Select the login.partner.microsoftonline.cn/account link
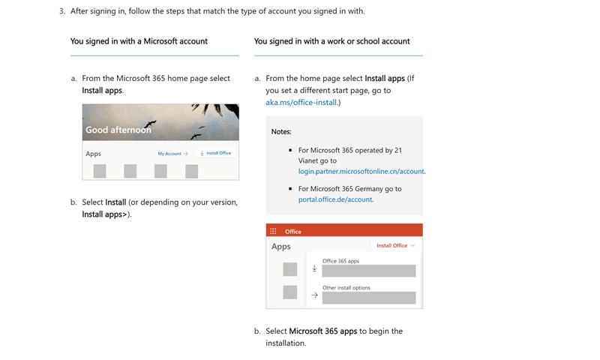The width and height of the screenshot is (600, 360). pyautogui.click(x=361, y=171)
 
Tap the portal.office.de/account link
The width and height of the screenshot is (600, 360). pyautogui.click(x=334, y=199)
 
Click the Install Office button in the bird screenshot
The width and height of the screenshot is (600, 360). pyautogui.click(x=216, y=153)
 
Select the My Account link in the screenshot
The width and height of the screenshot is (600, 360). pyautogui.click(x=172, y=153)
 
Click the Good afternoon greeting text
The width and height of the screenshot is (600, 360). pyautogui.click(x=118, y=130)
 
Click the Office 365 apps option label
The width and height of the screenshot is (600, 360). pyautogui.click(x=340, y=261)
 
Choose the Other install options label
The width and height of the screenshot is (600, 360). pyautogui.click(x=346, y=288)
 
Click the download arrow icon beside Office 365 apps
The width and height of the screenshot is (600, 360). pyautogui.click(x=314, y=268)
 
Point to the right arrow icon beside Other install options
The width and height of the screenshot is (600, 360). pyautogui.click(x=314, y=295)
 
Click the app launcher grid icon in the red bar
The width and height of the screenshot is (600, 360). pyautogui.click(x=274, y=232)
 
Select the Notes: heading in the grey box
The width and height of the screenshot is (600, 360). pyautogui.click(x=281, y=131)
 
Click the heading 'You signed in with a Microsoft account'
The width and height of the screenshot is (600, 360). pyautogui.click(x=139, y=41)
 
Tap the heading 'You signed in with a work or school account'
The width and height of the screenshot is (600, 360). pyautogui.click(x=331, y=41)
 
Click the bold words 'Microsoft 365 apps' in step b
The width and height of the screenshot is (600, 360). pyautogui.click(x=322, y=331)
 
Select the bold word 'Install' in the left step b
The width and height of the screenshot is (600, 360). pyautogui.click(x=115, y=202)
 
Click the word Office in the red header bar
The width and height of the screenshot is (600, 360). pyautogui.click(x=293, y=232)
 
